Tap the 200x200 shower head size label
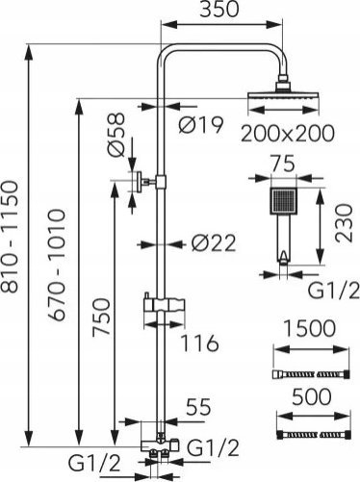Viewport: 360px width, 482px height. point(287,133)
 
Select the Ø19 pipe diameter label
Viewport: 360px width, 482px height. point(200,124)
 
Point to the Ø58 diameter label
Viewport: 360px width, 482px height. point(116,135)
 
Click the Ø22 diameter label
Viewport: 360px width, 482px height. point(214,243)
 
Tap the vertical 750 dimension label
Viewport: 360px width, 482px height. point(101,317)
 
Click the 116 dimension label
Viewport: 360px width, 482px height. point(199,343)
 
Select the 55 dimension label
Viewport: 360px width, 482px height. point(198,407)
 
